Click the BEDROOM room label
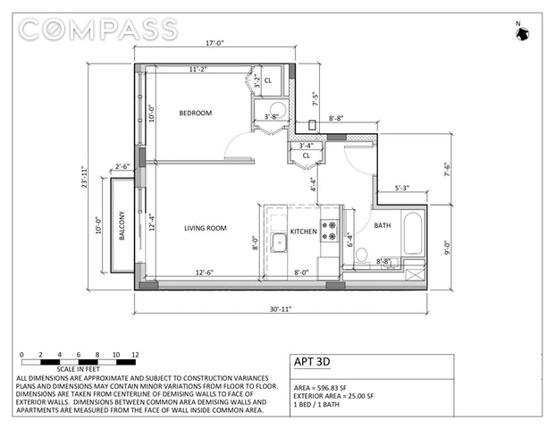pos(196,114)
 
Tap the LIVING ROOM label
pos(206,228)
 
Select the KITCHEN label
pos(303,231)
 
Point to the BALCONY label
pos(122,226)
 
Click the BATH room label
pos(383,225)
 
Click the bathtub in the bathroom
pos(413,233)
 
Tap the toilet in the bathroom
pos(362,257)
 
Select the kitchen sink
pos(279,243)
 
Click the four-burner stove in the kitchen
pos(329,231)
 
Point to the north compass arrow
pos(523,34)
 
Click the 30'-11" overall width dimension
pos(281,309)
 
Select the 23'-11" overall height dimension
pos(84,177)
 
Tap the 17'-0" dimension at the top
pos(214,43)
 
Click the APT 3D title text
pos(312,362)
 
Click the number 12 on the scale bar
pos(135,355)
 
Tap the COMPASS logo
pos(98,29)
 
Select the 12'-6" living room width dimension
pos(205,273)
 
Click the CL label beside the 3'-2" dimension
pos(268,80)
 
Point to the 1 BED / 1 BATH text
pos(316,404)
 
